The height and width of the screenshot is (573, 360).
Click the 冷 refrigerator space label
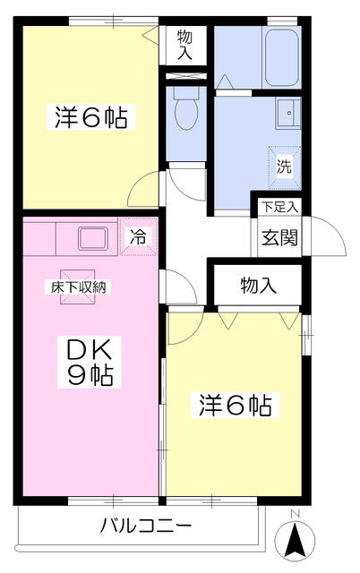(x=139, y=237)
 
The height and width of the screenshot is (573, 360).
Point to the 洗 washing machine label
(x=283, y=166)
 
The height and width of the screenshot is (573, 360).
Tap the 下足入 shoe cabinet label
(x=279, y=208)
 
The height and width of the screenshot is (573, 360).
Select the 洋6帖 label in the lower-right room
(x=235, y=405)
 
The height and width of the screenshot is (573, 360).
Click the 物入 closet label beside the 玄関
(x=258, y=286)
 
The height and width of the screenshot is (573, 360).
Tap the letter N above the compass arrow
(x=294, y=513)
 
